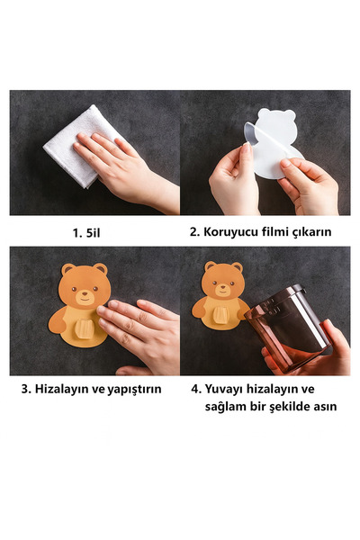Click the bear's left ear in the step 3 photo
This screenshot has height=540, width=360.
coord(67,269)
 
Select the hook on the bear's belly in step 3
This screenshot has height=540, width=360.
coord(84,328)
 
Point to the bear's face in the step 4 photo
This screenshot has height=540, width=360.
coord(223,283)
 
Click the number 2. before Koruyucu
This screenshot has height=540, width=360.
coord(195,232)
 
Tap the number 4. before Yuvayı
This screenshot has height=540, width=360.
coord(196,390)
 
